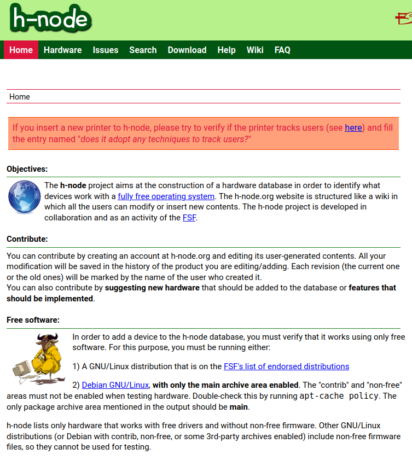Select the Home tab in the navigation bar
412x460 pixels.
(21, 50)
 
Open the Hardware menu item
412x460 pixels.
(62, 50)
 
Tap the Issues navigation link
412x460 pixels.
(106, 50)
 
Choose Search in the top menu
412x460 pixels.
(143, 50)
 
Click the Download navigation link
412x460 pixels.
(187, 50)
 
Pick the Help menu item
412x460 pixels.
(227, 50)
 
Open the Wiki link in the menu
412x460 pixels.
(255, 50)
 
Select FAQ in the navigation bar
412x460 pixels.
(282, 50)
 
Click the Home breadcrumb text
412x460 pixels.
(20, 97)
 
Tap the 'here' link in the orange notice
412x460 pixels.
(353, 127)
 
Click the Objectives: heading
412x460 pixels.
(27, 169)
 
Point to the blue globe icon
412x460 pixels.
(24, 196)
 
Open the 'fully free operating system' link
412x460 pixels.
(166, 196)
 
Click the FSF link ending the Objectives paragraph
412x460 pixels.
(189, 217)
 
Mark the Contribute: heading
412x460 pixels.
(27, 239)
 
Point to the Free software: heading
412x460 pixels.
(33, 320)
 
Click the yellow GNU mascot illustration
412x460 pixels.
(40, 358)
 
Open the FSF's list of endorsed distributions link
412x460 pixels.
(286, 366)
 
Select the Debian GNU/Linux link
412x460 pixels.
(115, 385)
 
